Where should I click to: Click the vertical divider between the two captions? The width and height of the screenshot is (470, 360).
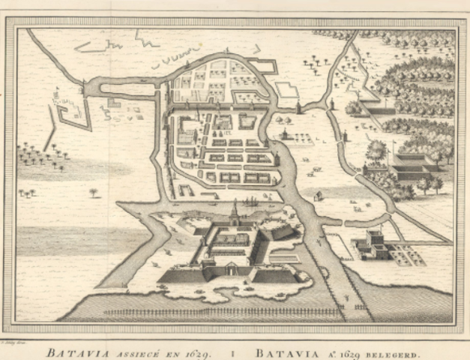click(x=234, y=350)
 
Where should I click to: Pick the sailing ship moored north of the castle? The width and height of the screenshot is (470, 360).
click(x=251, y=202)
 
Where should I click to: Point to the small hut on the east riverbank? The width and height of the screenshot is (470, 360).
click(x=318, y=196)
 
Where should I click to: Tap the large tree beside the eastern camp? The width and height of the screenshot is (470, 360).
click(x=376, y=148)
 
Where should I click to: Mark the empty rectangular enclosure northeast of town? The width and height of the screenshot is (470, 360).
click(x=287, y=90)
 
